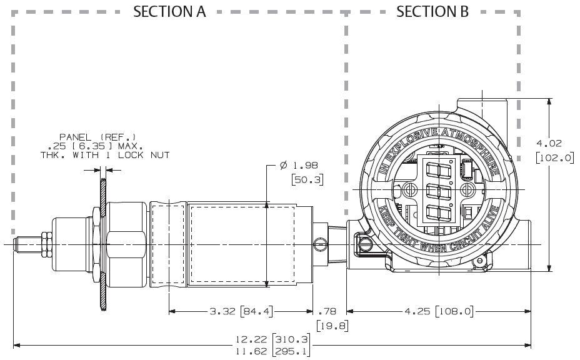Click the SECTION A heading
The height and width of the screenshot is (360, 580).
tap(169, 11)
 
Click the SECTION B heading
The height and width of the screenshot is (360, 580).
tap(432, 11)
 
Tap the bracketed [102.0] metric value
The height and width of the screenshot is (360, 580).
tap(555, 158)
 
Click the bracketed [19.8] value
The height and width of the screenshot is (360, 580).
tap(332, 326)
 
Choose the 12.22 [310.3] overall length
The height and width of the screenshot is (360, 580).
tap(273, 339)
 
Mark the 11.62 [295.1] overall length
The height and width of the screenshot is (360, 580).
tap(273, 352)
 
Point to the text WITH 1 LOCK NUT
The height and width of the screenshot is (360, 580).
tap(133, 154)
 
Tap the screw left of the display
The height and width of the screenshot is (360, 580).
tap(409, 189)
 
